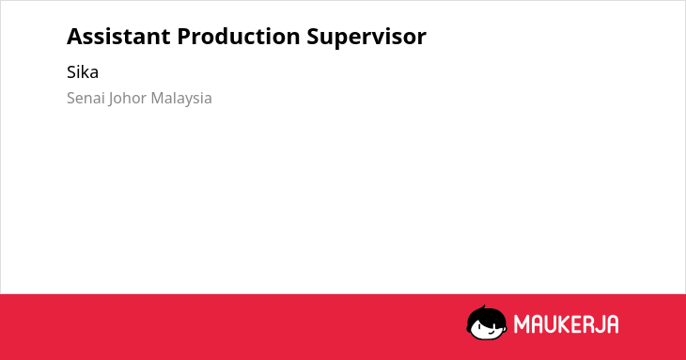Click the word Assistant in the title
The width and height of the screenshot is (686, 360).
(x=118, y=37)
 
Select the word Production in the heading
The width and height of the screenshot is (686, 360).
(x=239, y=37)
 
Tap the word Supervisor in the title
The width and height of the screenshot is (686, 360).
(x=366, y=38)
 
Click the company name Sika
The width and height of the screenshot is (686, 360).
(x=83, y=71)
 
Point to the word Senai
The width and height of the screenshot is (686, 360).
(x=86, y=98)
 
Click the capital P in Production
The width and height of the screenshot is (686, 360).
(x=184, y=37)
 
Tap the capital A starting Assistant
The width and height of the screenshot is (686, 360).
(x=75, y=37)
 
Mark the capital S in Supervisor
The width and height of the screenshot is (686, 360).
(x=313, y=37)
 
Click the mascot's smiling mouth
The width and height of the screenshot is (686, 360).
(x=491, y=333)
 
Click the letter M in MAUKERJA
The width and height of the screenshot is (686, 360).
(x=521, y=324)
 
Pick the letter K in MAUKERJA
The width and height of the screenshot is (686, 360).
(x=565, y=324)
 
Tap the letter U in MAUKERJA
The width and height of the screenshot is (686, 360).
(x=550, y=324)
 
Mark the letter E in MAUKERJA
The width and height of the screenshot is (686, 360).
(x=577, y=324)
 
